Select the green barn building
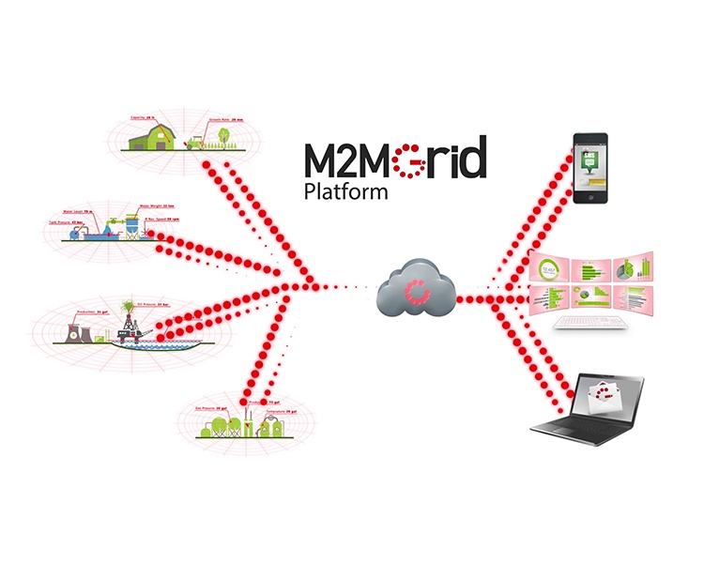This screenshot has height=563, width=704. [x=152, y=137]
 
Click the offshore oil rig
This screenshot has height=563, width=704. [x=135, y=328]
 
